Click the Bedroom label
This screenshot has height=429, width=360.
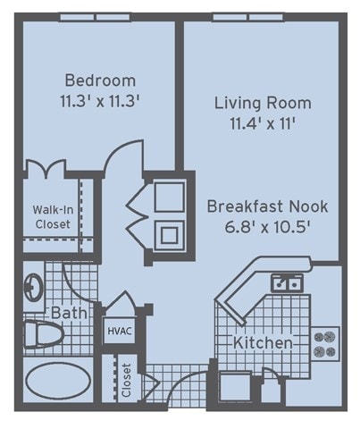(100, 80)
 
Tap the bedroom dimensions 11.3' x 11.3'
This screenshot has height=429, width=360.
(100, 101)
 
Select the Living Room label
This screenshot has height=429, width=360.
(263, 103)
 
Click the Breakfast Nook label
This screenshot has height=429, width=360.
(267, 206)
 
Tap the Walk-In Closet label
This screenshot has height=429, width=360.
(53, 217)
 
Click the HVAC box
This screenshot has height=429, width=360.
(120, 331)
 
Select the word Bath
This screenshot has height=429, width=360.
(69, 313)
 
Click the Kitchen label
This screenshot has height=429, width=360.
(263, 342)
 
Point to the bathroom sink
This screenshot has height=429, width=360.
(33, 288)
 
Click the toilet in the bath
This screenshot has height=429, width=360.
(44, 334)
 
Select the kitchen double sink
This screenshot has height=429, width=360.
(287, 283)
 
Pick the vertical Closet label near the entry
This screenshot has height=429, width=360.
(126, 380)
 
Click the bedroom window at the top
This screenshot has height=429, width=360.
(96, 17)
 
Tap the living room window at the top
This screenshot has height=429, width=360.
(248, 17)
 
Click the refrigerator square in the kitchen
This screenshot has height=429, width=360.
(235, 386)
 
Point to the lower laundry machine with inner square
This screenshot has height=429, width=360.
(169, 235)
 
